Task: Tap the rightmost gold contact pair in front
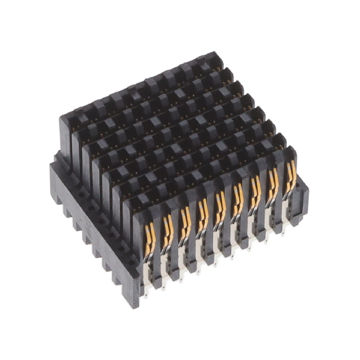(291, 175)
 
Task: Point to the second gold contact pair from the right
(274, 182)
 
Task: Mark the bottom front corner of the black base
(133, 304)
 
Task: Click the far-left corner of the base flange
(52, 164)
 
